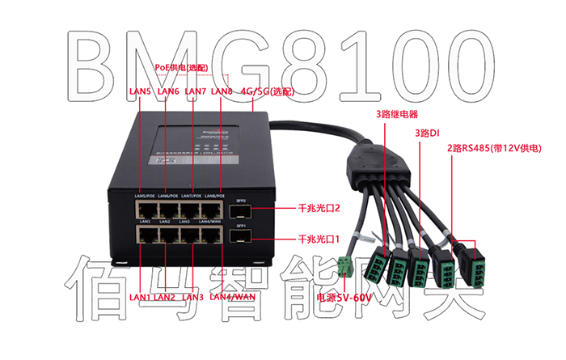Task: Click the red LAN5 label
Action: pyautogui.click(x=140, y=91)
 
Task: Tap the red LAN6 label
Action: pyautogui.click(x=167, y=91)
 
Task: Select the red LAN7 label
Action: pyautogui.click(x=196, y=91)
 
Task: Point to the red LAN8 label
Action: pyautogui.click(x=222, y=91)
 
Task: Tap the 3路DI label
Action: pyautogui.click(x=426, y=132)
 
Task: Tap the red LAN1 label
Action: pyautogui.click(x=140, y=297)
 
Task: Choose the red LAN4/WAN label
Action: pyautogui.click(x=233, y=296)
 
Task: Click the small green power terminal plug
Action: pyautogui.click(x=347, y=267)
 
